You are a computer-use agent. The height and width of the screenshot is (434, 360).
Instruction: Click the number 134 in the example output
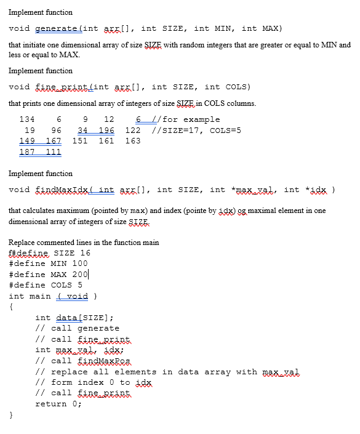point(27,119)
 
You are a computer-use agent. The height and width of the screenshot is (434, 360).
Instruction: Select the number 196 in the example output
point(106,131)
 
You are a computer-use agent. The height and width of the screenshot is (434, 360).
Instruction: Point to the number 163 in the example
point(133,141)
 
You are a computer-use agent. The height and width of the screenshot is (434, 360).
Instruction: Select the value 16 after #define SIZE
point(85,253)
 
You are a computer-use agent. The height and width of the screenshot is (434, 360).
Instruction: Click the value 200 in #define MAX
point(80,275)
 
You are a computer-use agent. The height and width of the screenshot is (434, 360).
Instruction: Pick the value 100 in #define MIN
point(80,263)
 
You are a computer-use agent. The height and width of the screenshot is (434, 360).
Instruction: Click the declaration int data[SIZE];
point(74,318)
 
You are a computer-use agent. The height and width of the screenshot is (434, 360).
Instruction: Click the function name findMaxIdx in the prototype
point(62,190)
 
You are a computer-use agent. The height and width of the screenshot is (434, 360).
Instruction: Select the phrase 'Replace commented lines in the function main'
point(84,243)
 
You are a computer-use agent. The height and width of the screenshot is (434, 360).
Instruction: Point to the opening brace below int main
point(11,307)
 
